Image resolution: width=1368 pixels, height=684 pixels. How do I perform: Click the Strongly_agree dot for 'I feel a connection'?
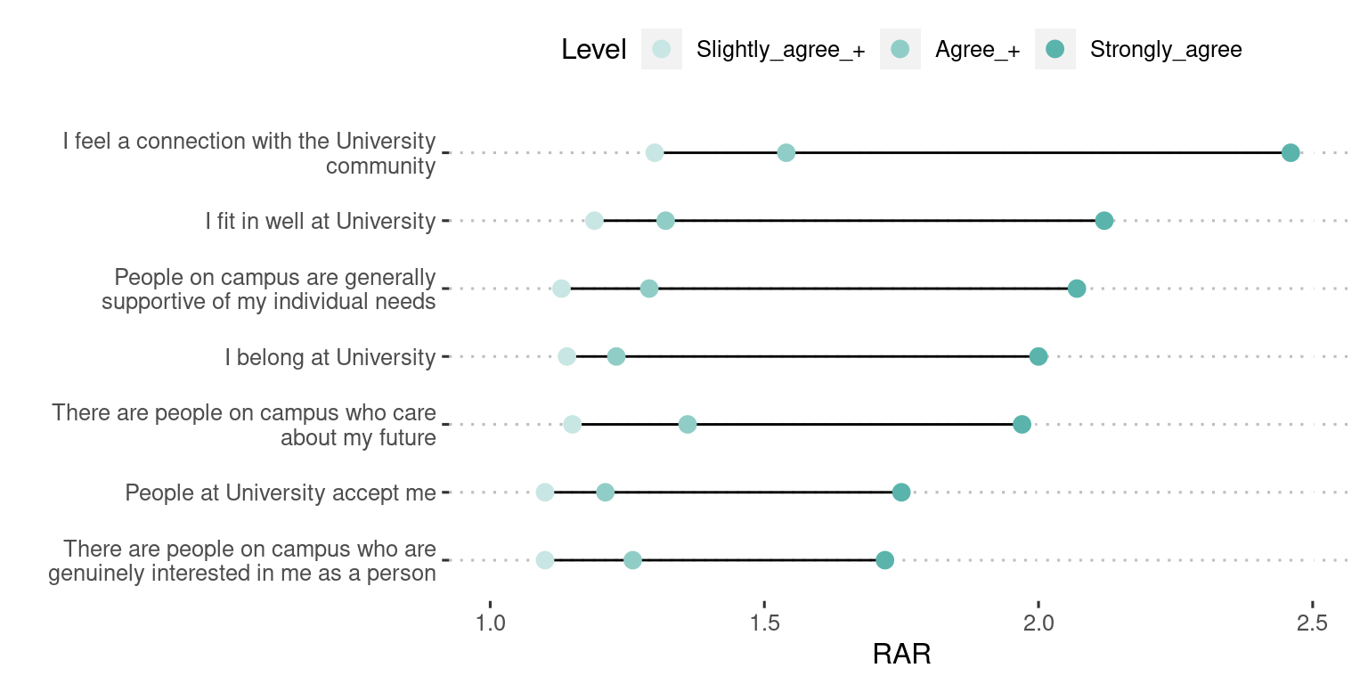pos(1291,153)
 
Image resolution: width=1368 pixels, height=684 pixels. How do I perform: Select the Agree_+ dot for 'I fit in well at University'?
pos(665,221)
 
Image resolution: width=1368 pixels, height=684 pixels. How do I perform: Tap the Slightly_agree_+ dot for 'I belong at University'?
pos(566,357)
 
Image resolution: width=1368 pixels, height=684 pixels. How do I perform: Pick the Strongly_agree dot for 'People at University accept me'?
pos(901,493)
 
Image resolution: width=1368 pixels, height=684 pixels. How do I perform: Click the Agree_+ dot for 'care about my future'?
pos(688,425)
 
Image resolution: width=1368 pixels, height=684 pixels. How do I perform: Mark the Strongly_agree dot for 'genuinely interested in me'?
pos(884,560)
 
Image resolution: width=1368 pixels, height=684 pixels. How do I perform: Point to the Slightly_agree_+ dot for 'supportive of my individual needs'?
pos(561,289)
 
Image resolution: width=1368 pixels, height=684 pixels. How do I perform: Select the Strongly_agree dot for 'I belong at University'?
pos(1038,357)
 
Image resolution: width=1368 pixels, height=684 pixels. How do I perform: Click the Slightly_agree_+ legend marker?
pos(662,49)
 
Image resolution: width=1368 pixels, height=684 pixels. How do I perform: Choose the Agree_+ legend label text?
pos(977,50)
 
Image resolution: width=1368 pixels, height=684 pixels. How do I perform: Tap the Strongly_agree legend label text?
pos(1165,50)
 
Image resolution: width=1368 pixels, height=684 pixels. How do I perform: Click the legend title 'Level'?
pos(594,50)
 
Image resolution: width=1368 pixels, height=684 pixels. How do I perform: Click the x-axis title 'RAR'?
pos(901,655)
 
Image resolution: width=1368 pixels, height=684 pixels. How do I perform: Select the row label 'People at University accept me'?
pos(281,493)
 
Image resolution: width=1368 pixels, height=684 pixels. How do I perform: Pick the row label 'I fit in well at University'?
pos(320,221)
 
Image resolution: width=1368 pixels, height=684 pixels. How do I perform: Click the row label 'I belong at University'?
pos(330,357)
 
